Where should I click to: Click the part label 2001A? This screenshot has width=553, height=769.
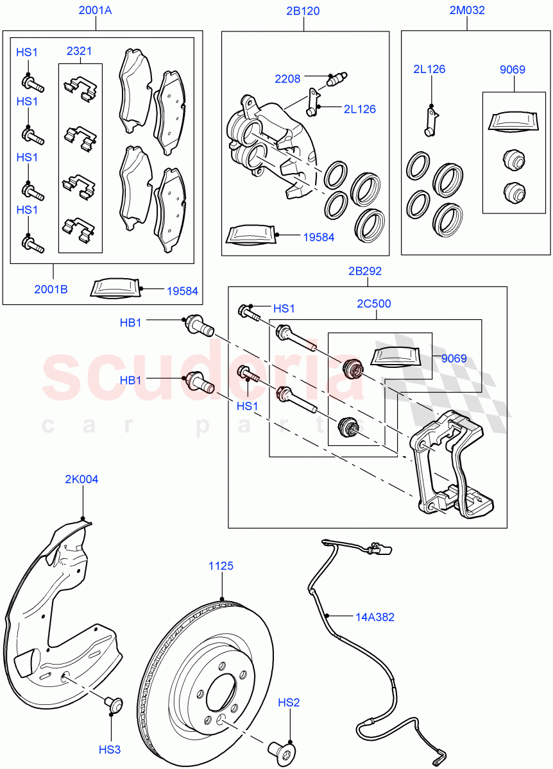[96, 10]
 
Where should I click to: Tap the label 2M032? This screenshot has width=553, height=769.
[466, 10]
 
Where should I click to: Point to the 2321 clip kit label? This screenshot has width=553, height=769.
[80, 51]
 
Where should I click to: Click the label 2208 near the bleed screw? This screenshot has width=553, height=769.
[287, 79]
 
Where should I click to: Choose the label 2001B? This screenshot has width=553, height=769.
[51, 289]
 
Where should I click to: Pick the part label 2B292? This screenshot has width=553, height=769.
[364, 271]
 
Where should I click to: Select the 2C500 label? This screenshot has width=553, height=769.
[373, 304]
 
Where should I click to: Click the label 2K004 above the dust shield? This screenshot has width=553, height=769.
[81, 479]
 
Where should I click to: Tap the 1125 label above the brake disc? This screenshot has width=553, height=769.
[221, 566]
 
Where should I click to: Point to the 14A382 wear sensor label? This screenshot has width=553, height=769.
[375, 617]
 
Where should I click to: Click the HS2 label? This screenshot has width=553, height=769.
[289, 703]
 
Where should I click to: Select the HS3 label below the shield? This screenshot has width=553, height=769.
[109, 749]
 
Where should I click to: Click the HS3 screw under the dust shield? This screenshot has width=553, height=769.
[113, 705]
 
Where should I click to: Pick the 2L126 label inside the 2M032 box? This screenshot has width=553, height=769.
[429, 69]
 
